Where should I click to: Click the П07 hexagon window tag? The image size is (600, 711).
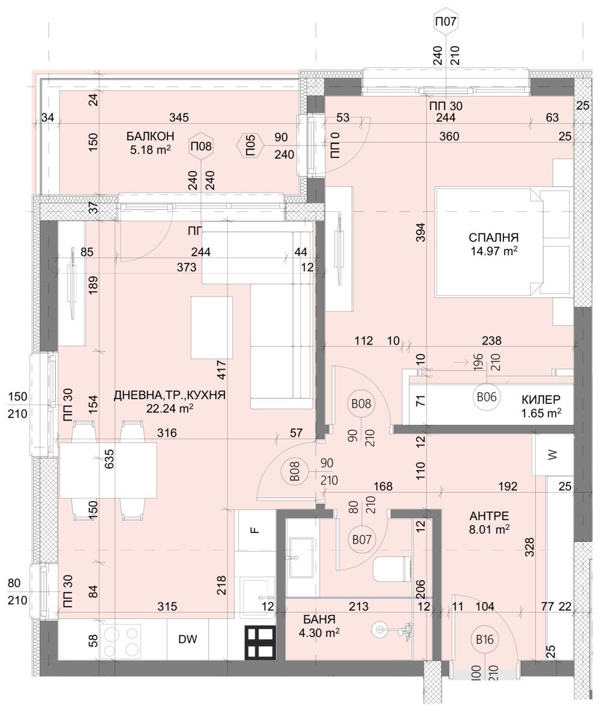tap(446, 23)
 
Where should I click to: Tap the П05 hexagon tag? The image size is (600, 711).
tap(251, 146)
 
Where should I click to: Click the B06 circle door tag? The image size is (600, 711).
tap(485, 397)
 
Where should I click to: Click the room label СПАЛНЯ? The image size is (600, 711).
tap(494, 237)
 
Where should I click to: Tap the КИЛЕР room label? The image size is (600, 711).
tap(541, 399)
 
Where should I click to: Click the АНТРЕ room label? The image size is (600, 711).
tap(490, 515)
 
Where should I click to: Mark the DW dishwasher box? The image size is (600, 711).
tap(188, 640)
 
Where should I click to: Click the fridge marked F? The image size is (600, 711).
tap(254, 530)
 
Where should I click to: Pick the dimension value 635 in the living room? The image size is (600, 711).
tap(109, 459)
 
